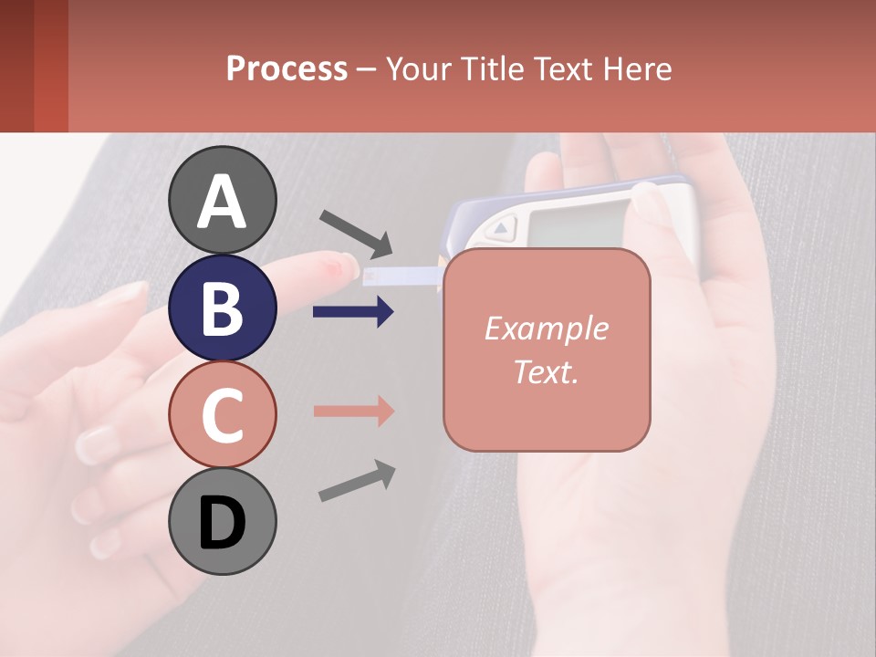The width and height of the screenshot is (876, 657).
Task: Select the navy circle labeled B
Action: (223, 308)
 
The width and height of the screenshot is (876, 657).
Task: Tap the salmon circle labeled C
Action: (223, 414)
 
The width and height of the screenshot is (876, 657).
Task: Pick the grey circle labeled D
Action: (223, 521)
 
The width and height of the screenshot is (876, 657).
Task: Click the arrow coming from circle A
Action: (356, 233)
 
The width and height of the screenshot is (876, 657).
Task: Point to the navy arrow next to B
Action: (353, 312)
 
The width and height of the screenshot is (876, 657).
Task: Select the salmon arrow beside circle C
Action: (353, 411)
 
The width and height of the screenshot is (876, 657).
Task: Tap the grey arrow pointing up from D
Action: (357, 480)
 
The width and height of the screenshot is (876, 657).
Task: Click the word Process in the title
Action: (287, 68)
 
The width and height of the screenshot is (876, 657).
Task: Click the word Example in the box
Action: (546, 328)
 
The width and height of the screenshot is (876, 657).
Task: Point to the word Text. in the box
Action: (546, 371)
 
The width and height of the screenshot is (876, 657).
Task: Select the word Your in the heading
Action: (415, 68)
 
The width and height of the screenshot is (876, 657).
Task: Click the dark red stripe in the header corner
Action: (16, 66)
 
